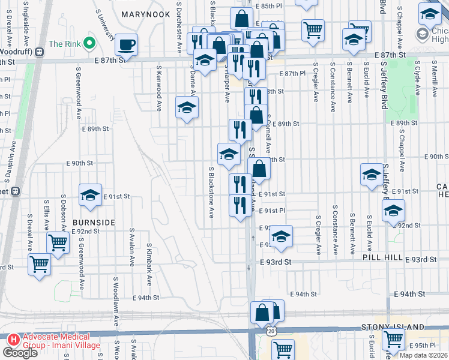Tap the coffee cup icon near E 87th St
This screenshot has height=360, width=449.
tap(127, 44)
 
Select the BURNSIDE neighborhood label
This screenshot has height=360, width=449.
tap(94, 223)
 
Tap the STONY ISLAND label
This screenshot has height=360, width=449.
tap(393, 327)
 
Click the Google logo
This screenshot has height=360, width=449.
tap(20, 352)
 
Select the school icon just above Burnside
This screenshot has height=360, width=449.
tap(90, 195)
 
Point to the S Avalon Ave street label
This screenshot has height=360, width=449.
tap(131, 247)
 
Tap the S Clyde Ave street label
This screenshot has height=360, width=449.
tap(416, 82)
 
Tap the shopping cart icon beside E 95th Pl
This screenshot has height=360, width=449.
tap(393, 338)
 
